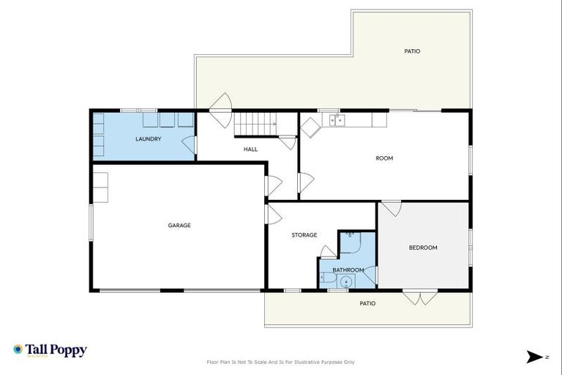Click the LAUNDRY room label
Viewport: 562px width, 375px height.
[x=148, y=138]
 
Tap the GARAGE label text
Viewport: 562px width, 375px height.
[x=179, y=226]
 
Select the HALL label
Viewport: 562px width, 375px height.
[x=251, y=149]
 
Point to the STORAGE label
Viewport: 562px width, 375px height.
[x=304, y=235]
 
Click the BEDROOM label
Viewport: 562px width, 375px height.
[x=422, y=248]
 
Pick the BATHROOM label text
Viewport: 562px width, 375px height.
[x=348, y=270]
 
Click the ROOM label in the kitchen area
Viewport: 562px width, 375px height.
[x=384, y=158]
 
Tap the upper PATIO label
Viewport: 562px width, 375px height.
[x=412, y=51]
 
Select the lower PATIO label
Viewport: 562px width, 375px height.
[x=367, y=303]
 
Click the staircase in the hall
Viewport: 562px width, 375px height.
[x=255, y=125]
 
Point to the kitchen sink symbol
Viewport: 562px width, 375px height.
[x=336, y=120]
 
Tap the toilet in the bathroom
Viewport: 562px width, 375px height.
[x=326, y=278]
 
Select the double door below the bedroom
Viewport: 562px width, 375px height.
[x=420, y=297]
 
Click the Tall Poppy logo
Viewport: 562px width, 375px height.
[x=50, y=350]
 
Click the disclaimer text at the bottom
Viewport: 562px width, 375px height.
[x=281, y=362]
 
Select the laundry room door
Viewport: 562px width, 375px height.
[x=189, y=144]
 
